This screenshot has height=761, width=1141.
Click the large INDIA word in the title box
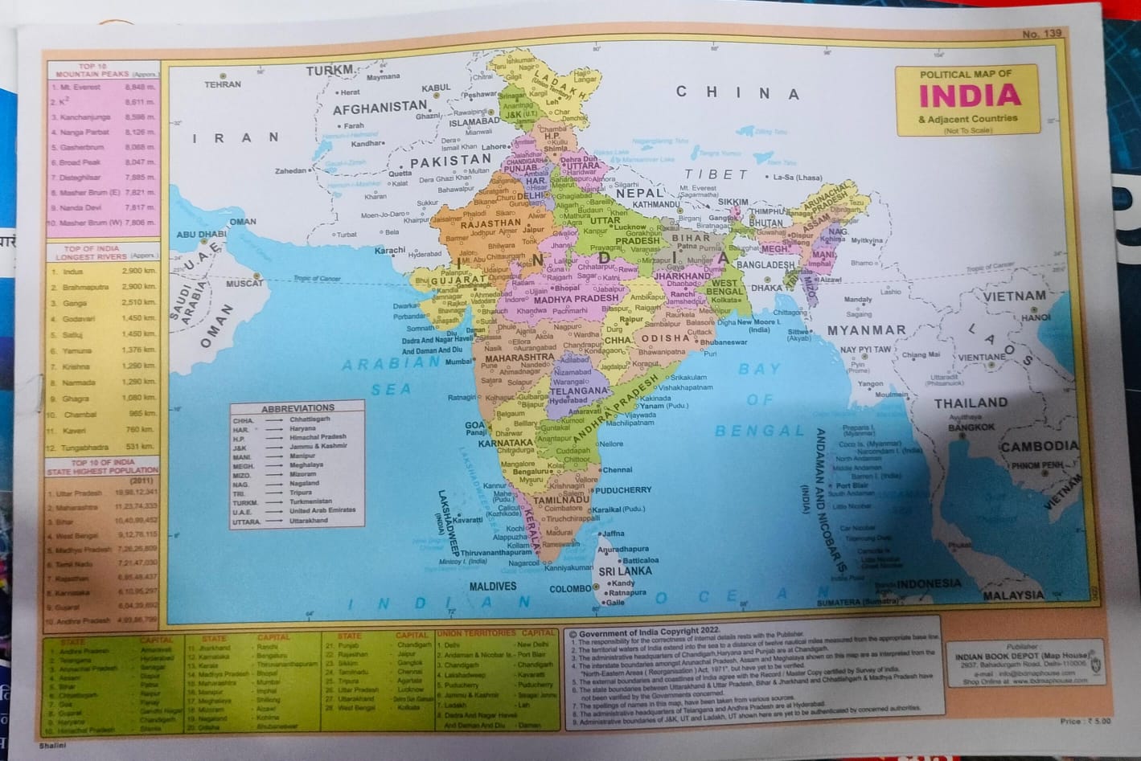(969, 96)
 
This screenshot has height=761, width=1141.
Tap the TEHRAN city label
(223, 84)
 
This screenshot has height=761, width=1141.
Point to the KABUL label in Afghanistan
(437, 88)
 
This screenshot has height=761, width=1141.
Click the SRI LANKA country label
(625, 571)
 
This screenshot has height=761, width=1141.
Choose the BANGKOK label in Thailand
(971, 428)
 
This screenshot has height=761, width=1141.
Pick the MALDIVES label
(493, 587)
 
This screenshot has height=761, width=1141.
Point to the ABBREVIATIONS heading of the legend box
(298, 408)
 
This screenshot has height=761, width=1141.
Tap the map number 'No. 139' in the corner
(1042, 34)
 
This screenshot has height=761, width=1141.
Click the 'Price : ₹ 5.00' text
(1085, 721)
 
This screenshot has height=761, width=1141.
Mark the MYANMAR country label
(866, 330)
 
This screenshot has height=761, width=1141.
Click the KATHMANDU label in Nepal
(656, 204)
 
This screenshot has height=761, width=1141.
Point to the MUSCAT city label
(244, 284)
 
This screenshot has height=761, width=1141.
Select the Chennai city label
(618, 469)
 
